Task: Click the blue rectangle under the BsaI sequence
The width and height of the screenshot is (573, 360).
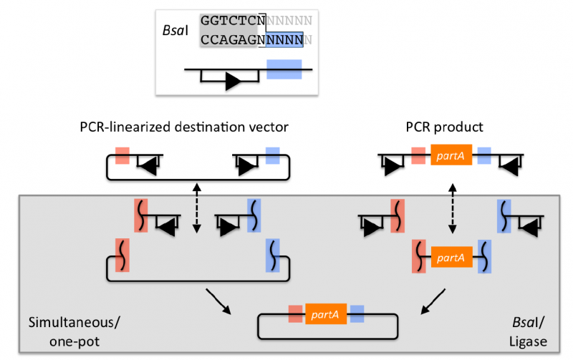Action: pos(284,69)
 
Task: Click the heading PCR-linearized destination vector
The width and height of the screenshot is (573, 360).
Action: pos(184,127)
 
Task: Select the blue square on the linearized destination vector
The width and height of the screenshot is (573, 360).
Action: pos(273,155)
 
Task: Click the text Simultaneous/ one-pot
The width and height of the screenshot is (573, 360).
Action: pos(74,331)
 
